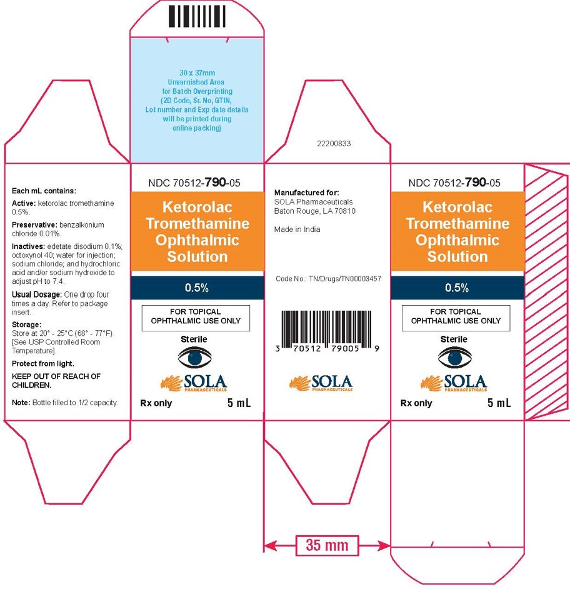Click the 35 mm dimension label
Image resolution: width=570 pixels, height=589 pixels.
click(326, 545)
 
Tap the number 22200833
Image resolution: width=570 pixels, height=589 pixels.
click(335, 144)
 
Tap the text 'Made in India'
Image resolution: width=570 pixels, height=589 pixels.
click(297, 229)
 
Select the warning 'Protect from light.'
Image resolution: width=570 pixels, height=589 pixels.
click(43, 363)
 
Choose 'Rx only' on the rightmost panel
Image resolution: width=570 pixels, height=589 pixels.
click(416, 403)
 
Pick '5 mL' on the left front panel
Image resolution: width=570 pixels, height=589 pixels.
click(239, 403)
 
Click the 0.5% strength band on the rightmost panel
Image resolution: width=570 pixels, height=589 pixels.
click(457, 288)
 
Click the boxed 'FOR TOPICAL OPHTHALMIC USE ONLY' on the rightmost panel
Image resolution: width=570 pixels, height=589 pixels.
click(456, 316)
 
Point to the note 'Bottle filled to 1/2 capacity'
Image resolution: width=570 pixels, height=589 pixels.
click(65, 403)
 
